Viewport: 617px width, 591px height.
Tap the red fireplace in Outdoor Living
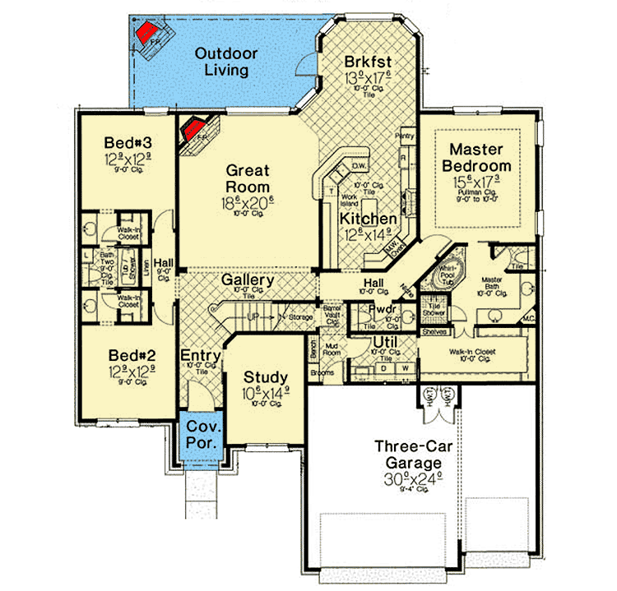[x=148, y=33]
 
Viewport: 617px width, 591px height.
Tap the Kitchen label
[x=370, y=219]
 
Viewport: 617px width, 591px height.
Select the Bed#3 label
[x=126, y=141]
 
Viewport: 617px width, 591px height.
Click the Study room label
[x=264, y=378]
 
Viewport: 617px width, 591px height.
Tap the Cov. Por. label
[x=202, y=435]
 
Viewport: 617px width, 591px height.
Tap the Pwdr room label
[x=383, y=310]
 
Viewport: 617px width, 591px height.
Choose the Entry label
[x=200, y=355]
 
